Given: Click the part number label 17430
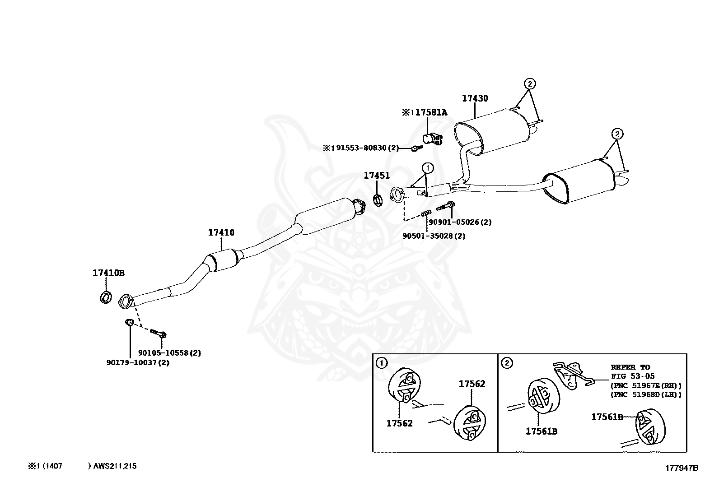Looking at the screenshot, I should pos(475,98).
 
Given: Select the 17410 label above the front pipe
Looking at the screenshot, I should pos(221,233).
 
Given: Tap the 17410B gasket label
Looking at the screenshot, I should pos(108,273).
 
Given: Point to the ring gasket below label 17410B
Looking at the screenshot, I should pos(106,297).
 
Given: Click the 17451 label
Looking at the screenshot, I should pos(377,176).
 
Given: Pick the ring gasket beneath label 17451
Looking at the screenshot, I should pos(378,199).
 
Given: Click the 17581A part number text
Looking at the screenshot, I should pos(431,112).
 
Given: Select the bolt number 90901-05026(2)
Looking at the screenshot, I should pos(460,222).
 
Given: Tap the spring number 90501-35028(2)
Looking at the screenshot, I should pos(434,236).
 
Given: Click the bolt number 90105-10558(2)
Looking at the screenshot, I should pos(169,353).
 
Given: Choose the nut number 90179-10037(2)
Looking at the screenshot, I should pos(138,362).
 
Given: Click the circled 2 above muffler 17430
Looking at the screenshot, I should pos(530,83).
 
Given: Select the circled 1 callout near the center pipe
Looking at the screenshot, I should pos(427,168).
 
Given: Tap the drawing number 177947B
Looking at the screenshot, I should pos(681,468).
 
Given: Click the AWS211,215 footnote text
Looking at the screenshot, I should pos(115,466).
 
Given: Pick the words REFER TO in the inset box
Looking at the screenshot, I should pos(630,367).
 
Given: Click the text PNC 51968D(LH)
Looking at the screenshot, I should pos(645,394).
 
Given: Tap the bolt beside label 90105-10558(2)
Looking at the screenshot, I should pos(159,334).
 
